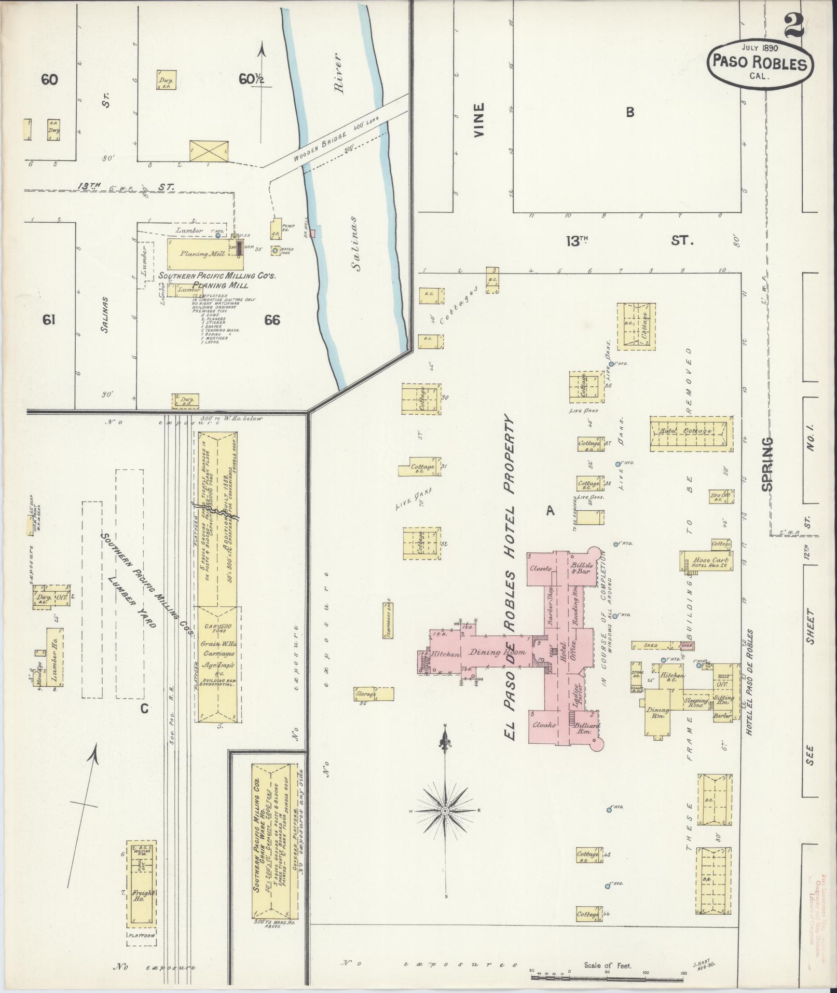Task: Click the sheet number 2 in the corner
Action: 793,24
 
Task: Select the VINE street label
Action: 478,120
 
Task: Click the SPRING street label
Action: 767,464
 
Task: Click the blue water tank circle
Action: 275,251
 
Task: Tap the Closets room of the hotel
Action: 541,568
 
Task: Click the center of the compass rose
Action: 445,811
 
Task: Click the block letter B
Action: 630,112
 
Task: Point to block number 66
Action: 271,320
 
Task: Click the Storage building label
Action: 366,693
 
